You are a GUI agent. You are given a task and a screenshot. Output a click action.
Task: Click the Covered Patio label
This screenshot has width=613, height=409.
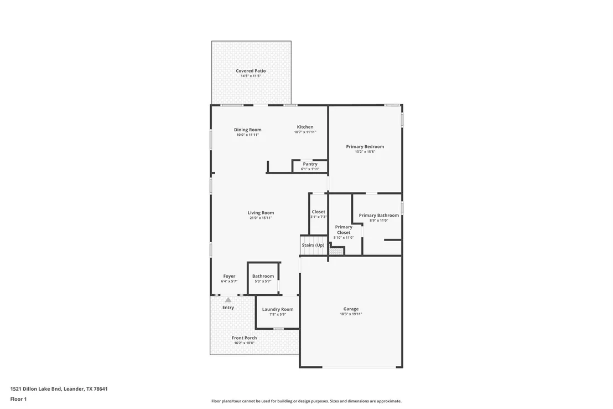click(x=251, y=71)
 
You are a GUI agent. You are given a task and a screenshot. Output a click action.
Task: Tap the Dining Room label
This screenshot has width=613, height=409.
click(x=247, y=130)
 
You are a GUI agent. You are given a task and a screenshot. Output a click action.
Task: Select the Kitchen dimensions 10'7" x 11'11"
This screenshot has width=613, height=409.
click(x=305, y=132)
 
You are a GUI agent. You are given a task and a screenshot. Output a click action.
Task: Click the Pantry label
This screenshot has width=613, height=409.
click(x=310, y=164)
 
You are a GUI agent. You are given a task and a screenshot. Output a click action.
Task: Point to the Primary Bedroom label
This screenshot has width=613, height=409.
click(x=365, y=146)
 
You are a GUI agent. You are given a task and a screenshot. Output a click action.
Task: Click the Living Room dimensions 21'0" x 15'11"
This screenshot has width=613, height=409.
click(x=261, y=218)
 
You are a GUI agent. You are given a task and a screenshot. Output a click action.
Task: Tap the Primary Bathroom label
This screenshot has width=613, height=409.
click(x=379, y=215)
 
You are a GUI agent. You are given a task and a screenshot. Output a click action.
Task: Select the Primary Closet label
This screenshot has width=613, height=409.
click(x=344, y=229)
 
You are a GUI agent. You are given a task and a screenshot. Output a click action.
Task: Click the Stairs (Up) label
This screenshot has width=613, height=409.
click(x=313, y=246)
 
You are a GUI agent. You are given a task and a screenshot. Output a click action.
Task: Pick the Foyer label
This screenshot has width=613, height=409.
click(x=229, y=276)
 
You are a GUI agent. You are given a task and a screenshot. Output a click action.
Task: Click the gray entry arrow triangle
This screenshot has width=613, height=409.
click(x=228, y=300)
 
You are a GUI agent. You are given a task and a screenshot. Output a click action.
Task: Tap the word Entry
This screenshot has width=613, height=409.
click(x=228, y=308)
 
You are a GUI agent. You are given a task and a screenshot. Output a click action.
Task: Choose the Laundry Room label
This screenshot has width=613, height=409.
click(x=278, y=309)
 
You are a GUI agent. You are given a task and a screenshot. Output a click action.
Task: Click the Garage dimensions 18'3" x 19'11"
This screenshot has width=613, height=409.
click(x=351, y=314)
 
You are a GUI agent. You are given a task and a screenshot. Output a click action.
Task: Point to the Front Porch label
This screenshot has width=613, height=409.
click(x=245, y=338)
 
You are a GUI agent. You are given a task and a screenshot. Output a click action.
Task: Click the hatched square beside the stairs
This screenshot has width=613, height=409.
click(x=336, y=251)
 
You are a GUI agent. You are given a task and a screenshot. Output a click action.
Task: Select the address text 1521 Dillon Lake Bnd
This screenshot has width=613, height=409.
click(x=35, y=389)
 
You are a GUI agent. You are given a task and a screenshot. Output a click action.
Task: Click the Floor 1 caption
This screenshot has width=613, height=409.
click(x=18, y=399)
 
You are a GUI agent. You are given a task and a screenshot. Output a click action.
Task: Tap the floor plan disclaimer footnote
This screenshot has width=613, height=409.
click(x=306, y=401)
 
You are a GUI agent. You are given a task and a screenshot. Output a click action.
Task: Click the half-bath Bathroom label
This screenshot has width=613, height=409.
click(x=263, y=276)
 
